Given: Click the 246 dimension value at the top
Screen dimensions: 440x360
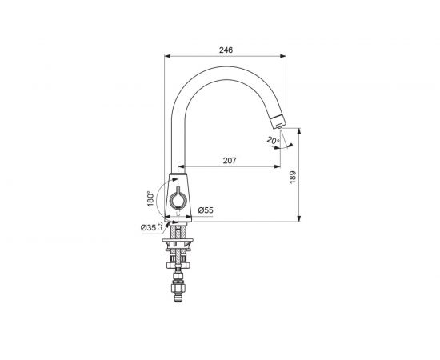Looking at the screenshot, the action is pyautogui.click(x=226, y=50).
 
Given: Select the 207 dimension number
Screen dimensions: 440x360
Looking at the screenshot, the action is pyautogui.click(x=230, y=161).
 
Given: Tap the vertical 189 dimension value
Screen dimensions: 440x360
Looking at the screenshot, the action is pyautogui.click(x=293, y=177).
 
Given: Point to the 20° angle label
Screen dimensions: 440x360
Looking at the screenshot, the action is pyautogui.click(x=273, y=140).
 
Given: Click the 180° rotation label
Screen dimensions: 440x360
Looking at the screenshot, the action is pyautogui.click(x=150, y=198).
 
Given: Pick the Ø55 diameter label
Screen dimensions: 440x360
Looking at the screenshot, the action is pyautogui.click(x=206, y=210).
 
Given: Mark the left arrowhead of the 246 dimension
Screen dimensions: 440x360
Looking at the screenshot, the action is pyautogui.click(x=167, y=56).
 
